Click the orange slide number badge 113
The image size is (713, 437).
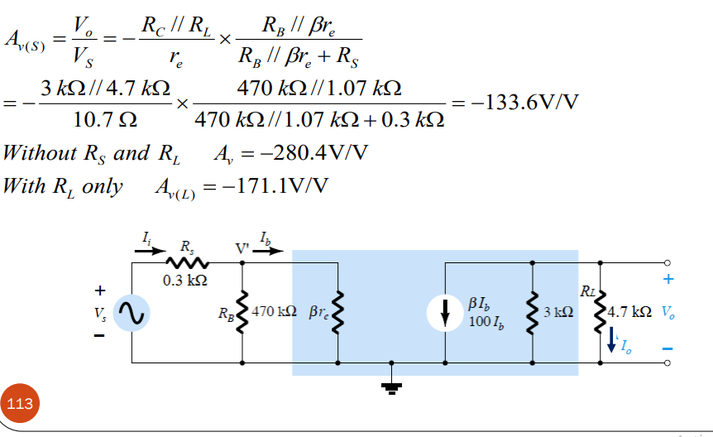click(21, 403)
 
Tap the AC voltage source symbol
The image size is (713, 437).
click(129, 312)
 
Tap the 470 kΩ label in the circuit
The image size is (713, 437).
click(277, 313)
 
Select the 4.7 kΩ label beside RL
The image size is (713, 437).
click(630, 313)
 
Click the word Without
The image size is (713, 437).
click(38, 153)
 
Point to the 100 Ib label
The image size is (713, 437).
click(485, 320)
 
